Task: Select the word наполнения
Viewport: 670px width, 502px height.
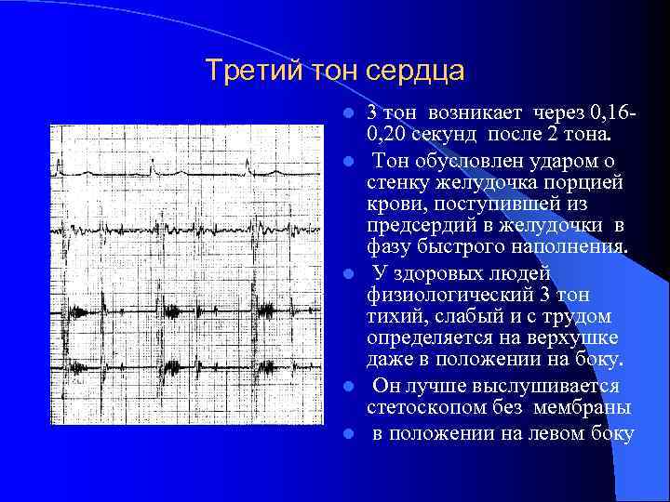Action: pyautogui.click(x=576, y=248)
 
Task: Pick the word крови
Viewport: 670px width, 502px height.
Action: pyautogui.click(x=394, y=204)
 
